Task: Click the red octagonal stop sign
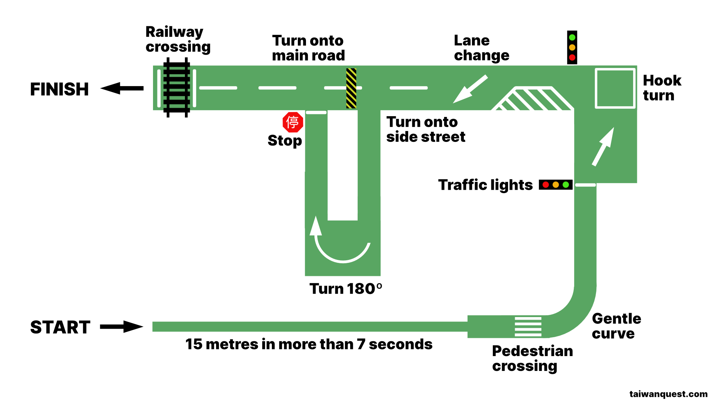(293, 122)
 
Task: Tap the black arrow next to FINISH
(122, 88)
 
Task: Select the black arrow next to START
(122, 327)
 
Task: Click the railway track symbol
(177, 88)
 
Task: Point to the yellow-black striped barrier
(351, 88)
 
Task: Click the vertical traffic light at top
(572, 48)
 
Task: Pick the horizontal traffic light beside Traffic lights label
(556, 185)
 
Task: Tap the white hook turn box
(615, 88)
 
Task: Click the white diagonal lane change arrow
(470, 89)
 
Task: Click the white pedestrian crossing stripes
(528, 326)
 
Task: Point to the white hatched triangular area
(533, 100)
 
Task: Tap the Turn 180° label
(345, 289)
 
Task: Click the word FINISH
(59, 89)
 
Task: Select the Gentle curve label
(616, 326)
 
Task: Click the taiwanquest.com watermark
(668, 394)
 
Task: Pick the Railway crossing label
(178, 39)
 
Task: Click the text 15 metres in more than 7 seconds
(309, 344)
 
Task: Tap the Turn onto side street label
(425, 129)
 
